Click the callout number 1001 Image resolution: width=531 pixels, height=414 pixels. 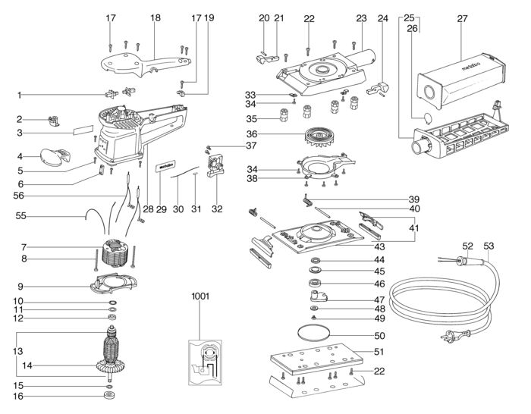coord(201,295)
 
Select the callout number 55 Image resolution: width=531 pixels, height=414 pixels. coord(22,216)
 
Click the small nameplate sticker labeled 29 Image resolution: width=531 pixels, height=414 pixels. coord(166,165)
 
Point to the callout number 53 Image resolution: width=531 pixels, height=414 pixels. coord(489,246)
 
